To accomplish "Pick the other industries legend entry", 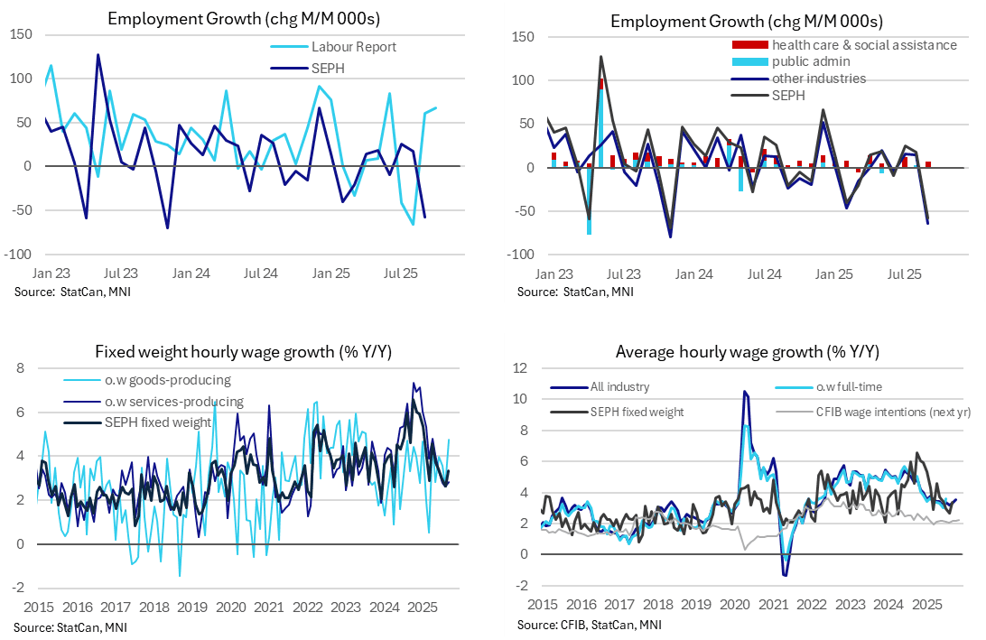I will [818, 79].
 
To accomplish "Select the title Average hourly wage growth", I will [747, 352].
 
